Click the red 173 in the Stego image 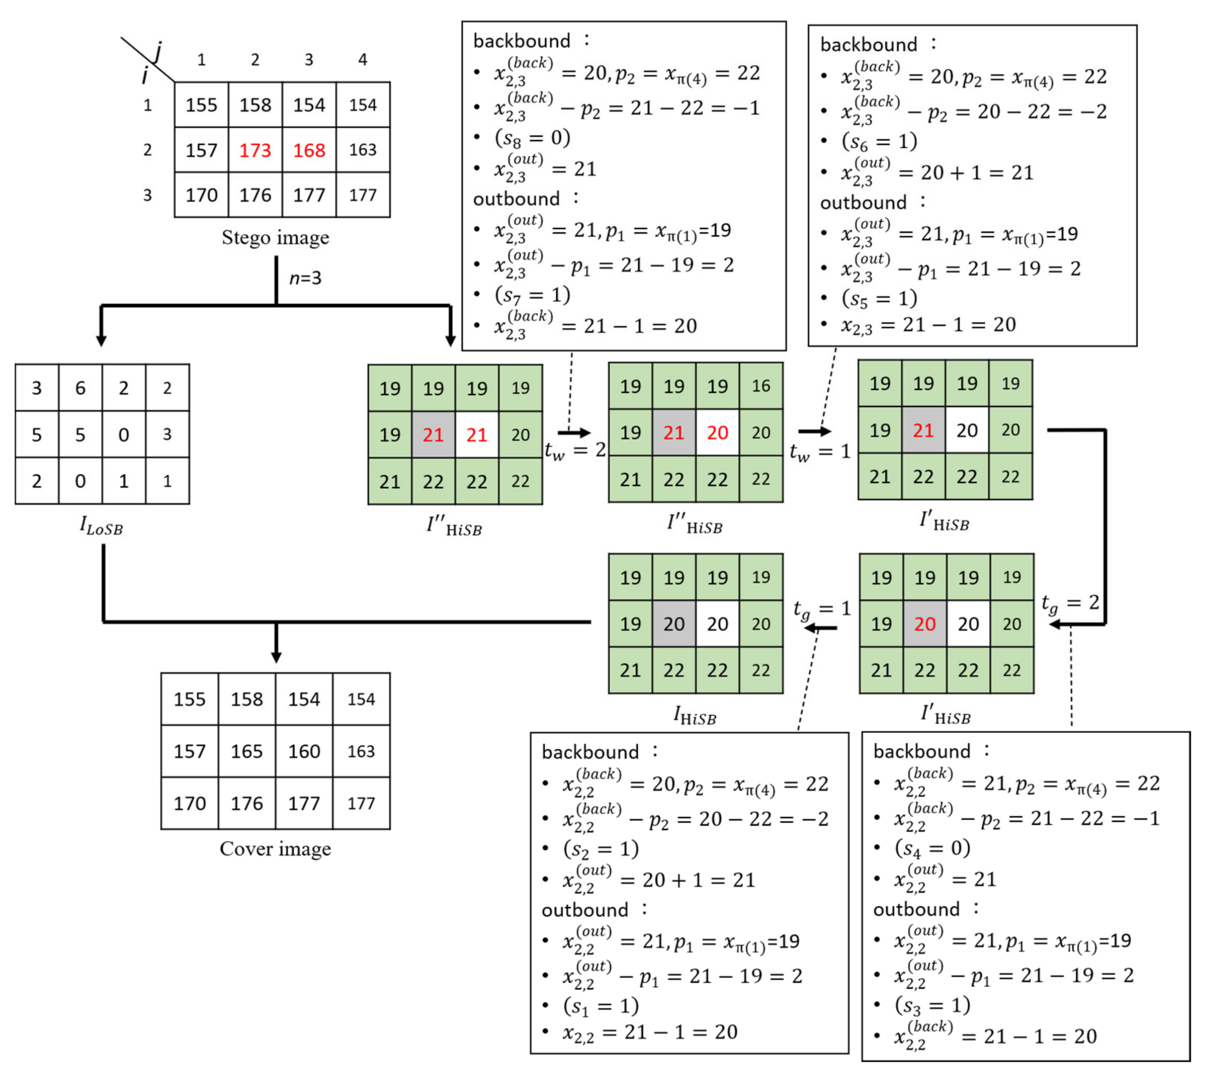coord(255,150)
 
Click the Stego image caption coord(275,238)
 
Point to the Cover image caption coord(275,849)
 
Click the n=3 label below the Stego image coord(305,278)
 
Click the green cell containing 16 coord(761,386)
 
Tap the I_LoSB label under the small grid coord(101,525)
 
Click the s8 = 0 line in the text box coord(532,138)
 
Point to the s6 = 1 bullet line coord(879,141)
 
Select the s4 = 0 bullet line coord(933,848)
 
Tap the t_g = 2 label coord(1070,603)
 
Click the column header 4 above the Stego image coord(363,60)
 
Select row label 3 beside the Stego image coord(147,195)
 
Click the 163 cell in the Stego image coord(363,150)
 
